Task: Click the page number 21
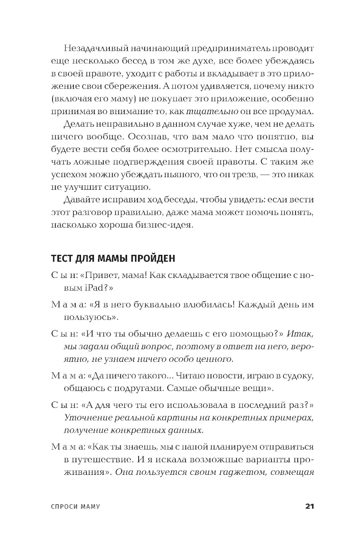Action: pos(310,506)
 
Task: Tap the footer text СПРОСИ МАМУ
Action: pos(76,506)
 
